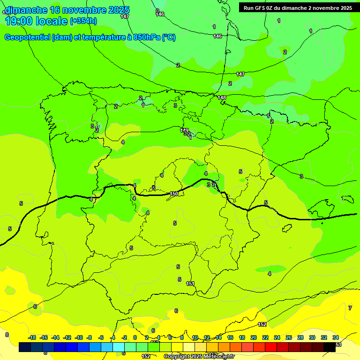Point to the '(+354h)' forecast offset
83,21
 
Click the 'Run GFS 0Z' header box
296,7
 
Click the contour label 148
222,98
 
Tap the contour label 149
184,130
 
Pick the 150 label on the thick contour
174,194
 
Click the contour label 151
190,284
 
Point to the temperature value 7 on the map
350,308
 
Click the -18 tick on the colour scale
32,337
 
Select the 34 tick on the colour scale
336,337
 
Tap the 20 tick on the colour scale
254,337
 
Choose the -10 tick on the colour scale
79,337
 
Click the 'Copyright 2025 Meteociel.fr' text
199,357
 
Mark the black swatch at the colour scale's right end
330,347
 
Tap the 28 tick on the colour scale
300,337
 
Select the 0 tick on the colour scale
135,337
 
